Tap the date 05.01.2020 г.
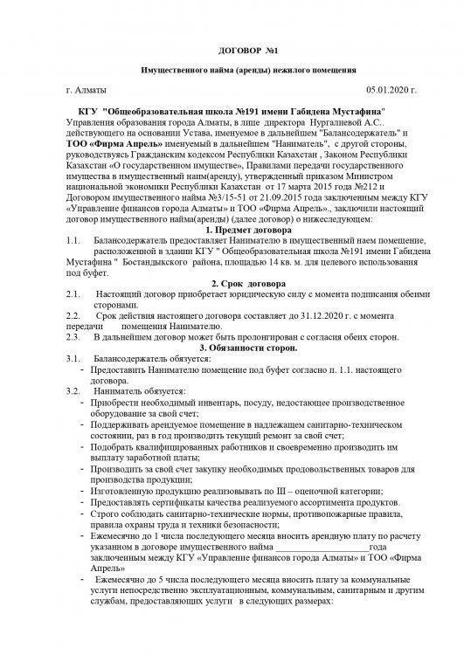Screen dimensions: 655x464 click(391, 90)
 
